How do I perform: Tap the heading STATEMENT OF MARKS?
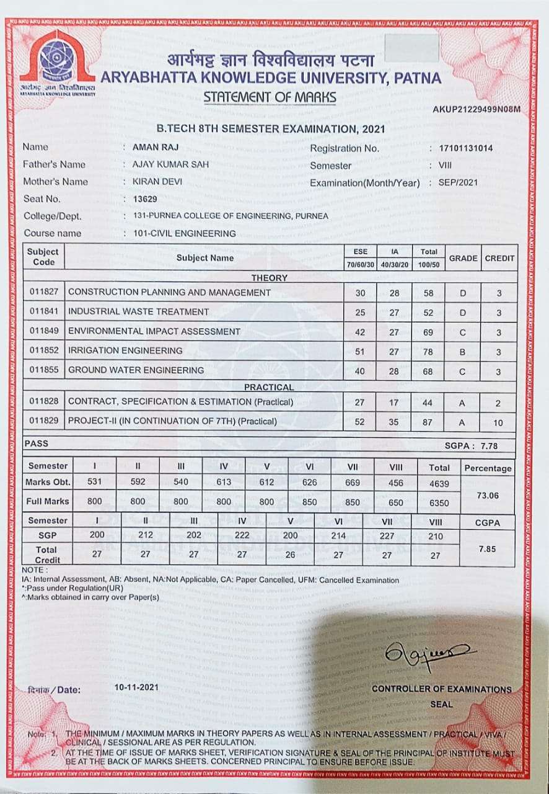point(270,97)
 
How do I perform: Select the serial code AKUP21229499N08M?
point(477,110)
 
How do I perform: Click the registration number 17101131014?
point(465,149)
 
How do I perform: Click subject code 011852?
point(44,350)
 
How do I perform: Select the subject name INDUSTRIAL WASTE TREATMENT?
point(138,311)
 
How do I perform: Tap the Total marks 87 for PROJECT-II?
point(428,422)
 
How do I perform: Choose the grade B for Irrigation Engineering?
point(462,351)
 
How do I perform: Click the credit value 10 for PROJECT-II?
point(499,422)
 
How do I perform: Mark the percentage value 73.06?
point(488,496)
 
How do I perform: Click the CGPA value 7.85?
point(488,549)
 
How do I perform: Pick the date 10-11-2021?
point(136,687)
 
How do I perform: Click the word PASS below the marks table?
point(36,444)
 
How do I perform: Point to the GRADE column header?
point(463,258)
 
